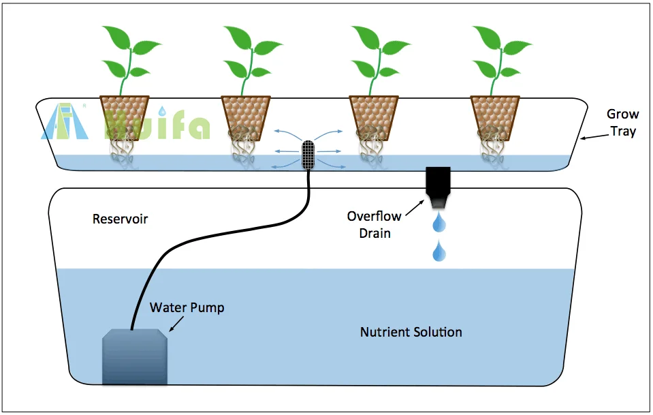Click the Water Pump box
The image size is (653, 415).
[135, 356]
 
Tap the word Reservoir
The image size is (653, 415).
[120, 219]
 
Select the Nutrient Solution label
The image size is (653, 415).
[411, 332]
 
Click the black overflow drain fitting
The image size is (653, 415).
[438, 187]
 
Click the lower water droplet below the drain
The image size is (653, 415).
[439, 251]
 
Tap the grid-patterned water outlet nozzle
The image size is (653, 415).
[308, 155]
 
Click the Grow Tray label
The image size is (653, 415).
[622, 123]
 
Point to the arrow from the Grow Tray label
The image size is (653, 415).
[594, 136]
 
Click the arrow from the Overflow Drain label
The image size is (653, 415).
[415, 208]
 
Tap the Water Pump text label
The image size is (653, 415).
[187, 307]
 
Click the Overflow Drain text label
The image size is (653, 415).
[374, 225]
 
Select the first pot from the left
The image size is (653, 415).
[125, 118]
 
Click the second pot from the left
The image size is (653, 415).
[246, 118]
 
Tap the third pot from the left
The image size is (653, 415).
[374, 118]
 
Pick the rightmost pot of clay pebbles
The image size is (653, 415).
[495, 118]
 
